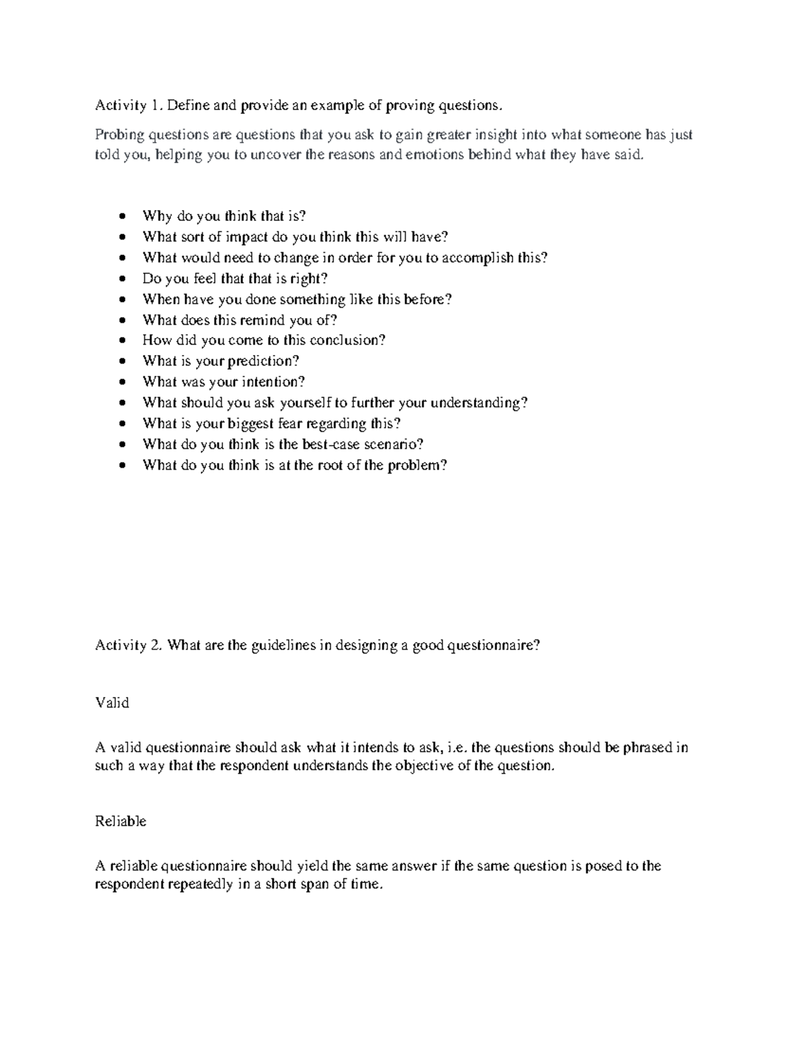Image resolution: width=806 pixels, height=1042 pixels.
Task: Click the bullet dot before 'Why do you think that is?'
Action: coord(122,216)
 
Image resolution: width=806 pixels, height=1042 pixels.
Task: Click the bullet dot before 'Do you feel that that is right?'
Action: coord(122,278)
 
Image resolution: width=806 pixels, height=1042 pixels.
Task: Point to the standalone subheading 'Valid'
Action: coord(111,703)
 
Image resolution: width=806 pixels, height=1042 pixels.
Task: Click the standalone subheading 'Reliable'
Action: coord(121,821)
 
